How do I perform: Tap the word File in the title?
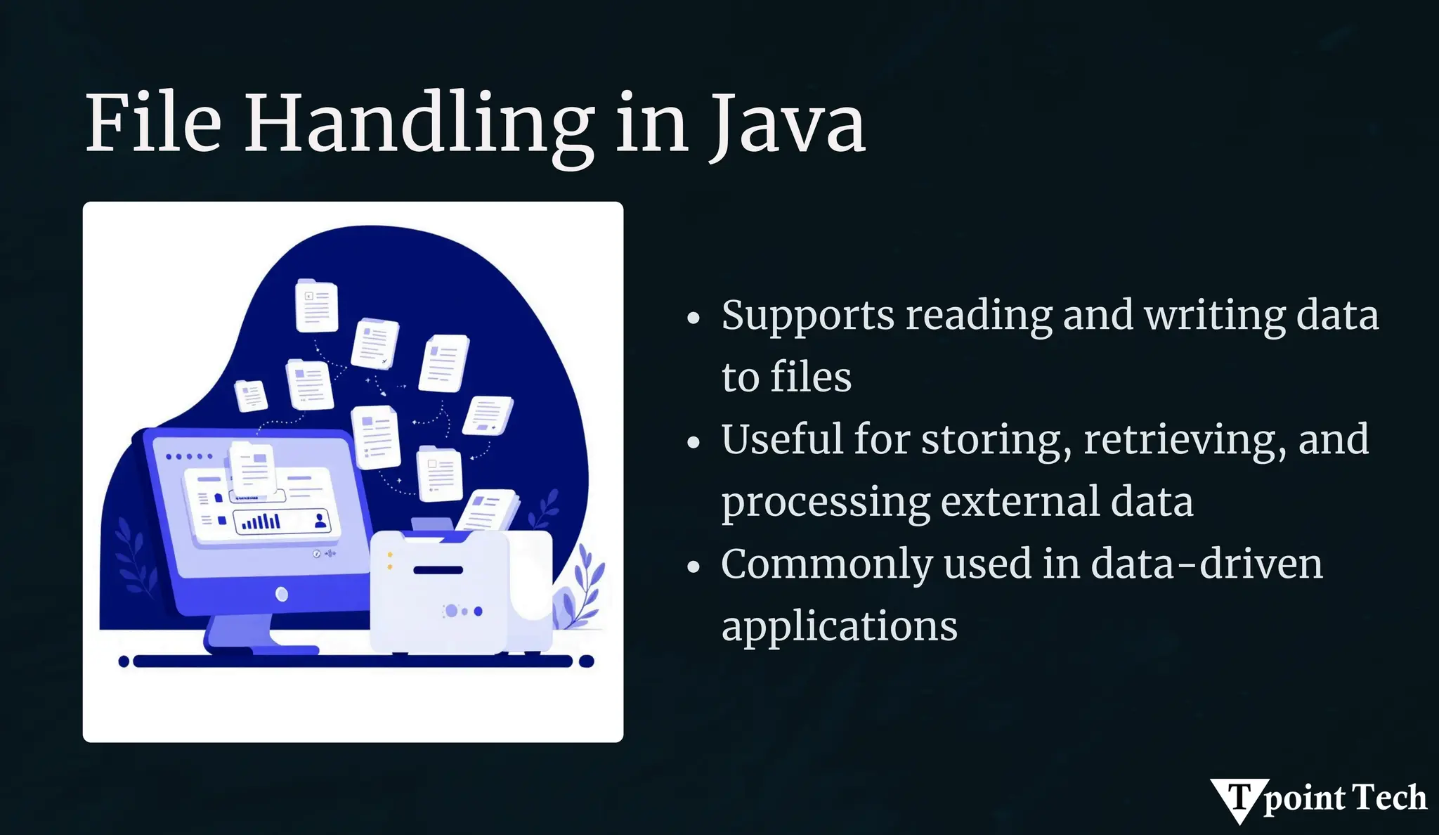click(x=153, y=125)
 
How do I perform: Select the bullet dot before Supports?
click(x=694, y=318)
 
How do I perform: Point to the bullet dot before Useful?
click(x=694, y=443)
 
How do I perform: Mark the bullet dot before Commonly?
click(x=694, y=567)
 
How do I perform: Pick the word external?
click(x=1020, y=503)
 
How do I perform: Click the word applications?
click(x=839, y=627)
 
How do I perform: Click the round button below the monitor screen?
click(x=282, y=595)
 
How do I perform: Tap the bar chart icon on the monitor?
click(x=261, y=522)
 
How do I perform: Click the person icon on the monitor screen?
click(x=320, y=521)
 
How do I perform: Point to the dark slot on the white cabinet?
click(x=438, y=570)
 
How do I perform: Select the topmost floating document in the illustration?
click(x=315, y=306)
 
